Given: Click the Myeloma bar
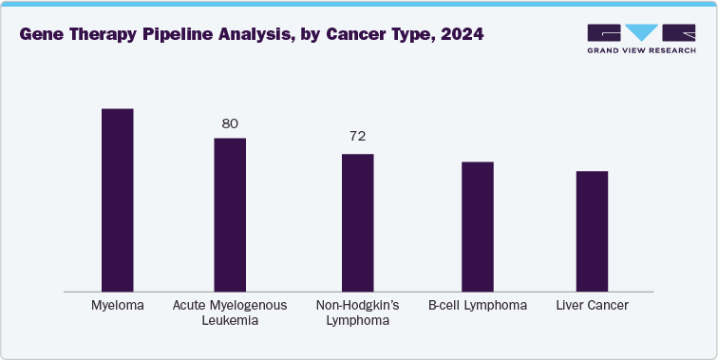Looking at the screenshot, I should tap(118, 199).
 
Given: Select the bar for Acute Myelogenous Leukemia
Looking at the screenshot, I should tap(230, 214).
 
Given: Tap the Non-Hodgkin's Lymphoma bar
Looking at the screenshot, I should tap(357, 221).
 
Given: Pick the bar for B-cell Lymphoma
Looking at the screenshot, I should tap(478, 226).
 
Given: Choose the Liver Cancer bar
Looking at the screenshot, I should tap(592, 231).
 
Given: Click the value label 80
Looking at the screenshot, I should tap(230, 123).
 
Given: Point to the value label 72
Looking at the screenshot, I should tap(357, 137).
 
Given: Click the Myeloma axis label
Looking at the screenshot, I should tap(118, 305).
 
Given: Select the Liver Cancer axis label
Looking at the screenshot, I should tap(592, 305).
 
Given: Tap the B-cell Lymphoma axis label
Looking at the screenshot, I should tap(478, 305).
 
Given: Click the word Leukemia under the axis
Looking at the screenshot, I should tap(230, 321).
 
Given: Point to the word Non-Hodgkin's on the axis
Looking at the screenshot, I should tap(357, 305).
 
